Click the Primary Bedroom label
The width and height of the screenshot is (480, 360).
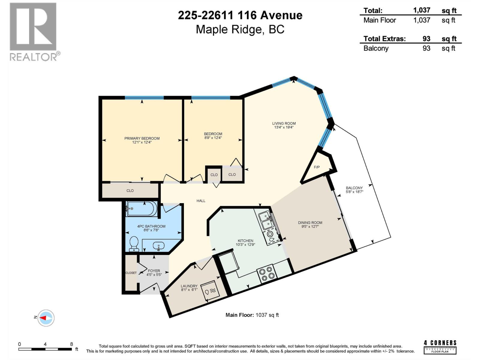[x=142, y=138]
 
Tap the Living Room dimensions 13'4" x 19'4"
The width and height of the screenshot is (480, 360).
[x=283, y=127]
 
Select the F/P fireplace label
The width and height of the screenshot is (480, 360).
[x=316, y=167]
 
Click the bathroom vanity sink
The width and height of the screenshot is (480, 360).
[x=158, y=246]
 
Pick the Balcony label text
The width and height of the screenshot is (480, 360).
[x=354, y=188]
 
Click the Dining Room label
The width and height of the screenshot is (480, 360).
[x=310, y=223]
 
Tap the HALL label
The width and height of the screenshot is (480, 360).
[x=201, y=201]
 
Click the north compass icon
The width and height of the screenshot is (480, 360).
[x=46, y=318]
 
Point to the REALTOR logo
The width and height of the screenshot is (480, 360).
[x=33, y=31]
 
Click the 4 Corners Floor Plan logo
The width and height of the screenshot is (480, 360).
[x=440, y=346]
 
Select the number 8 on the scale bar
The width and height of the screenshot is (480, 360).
[x=71, y=344]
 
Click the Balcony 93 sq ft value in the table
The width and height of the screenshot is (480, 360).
[x=426, y=48]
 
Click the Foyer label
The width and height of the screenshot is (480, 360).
[x=154, y=271]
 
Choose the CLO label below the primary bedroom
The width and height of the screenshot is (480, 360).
[x=130, y=190]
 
